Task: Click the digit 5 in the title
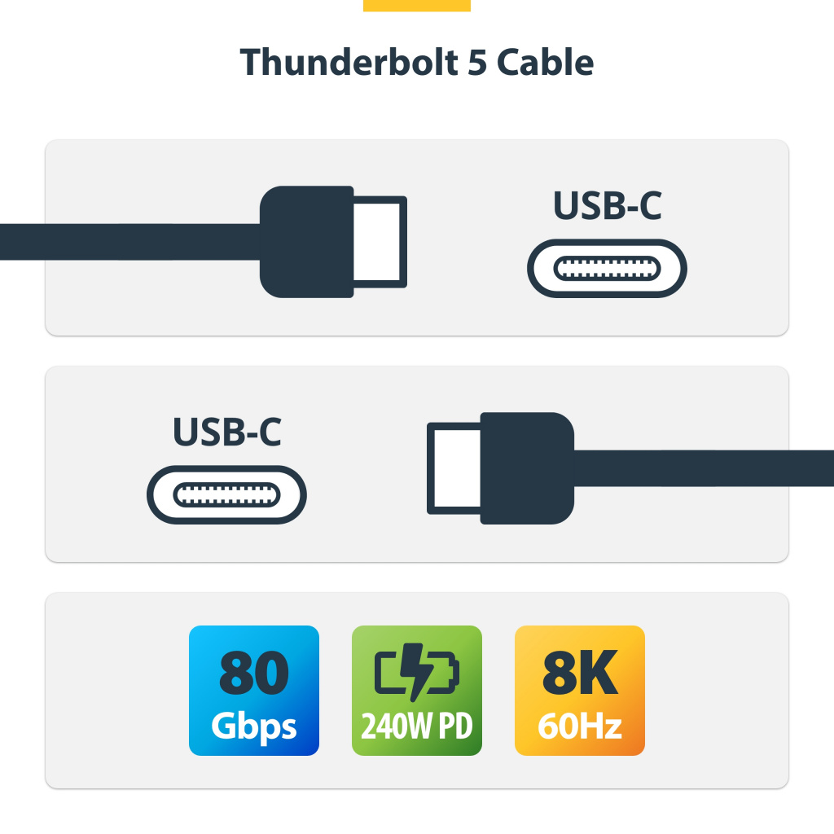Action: click(477, 63)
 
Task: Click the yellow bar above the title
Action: click(417, 5)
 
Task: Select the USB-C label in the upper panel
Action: click(607, 206)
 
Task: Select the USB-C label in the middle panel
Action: click(226, 432)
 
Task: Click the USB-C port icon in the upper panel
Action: click(607, 268)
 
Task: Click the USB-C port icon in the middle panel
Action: click(226, 494)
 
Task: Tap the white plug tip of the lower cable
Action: click(454, 468)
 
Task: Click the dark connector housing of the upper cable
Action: click(306, 242)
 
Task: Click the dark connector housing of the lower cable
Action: click(526, 468)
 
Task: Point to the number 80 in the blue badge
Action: click(253, 673)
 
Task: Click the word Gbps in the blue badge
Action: click(253, 726)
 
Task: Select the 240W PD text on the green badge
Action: click(416, 726)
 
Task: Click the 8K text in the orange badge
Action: click(579, 673)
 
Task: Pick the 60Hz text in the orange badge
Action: click(579, 726)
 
